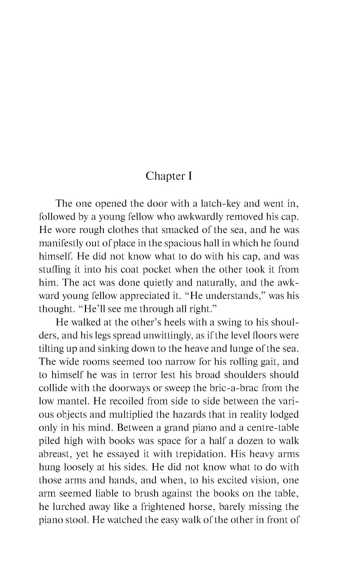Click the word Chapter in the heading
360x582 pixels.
163,176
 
